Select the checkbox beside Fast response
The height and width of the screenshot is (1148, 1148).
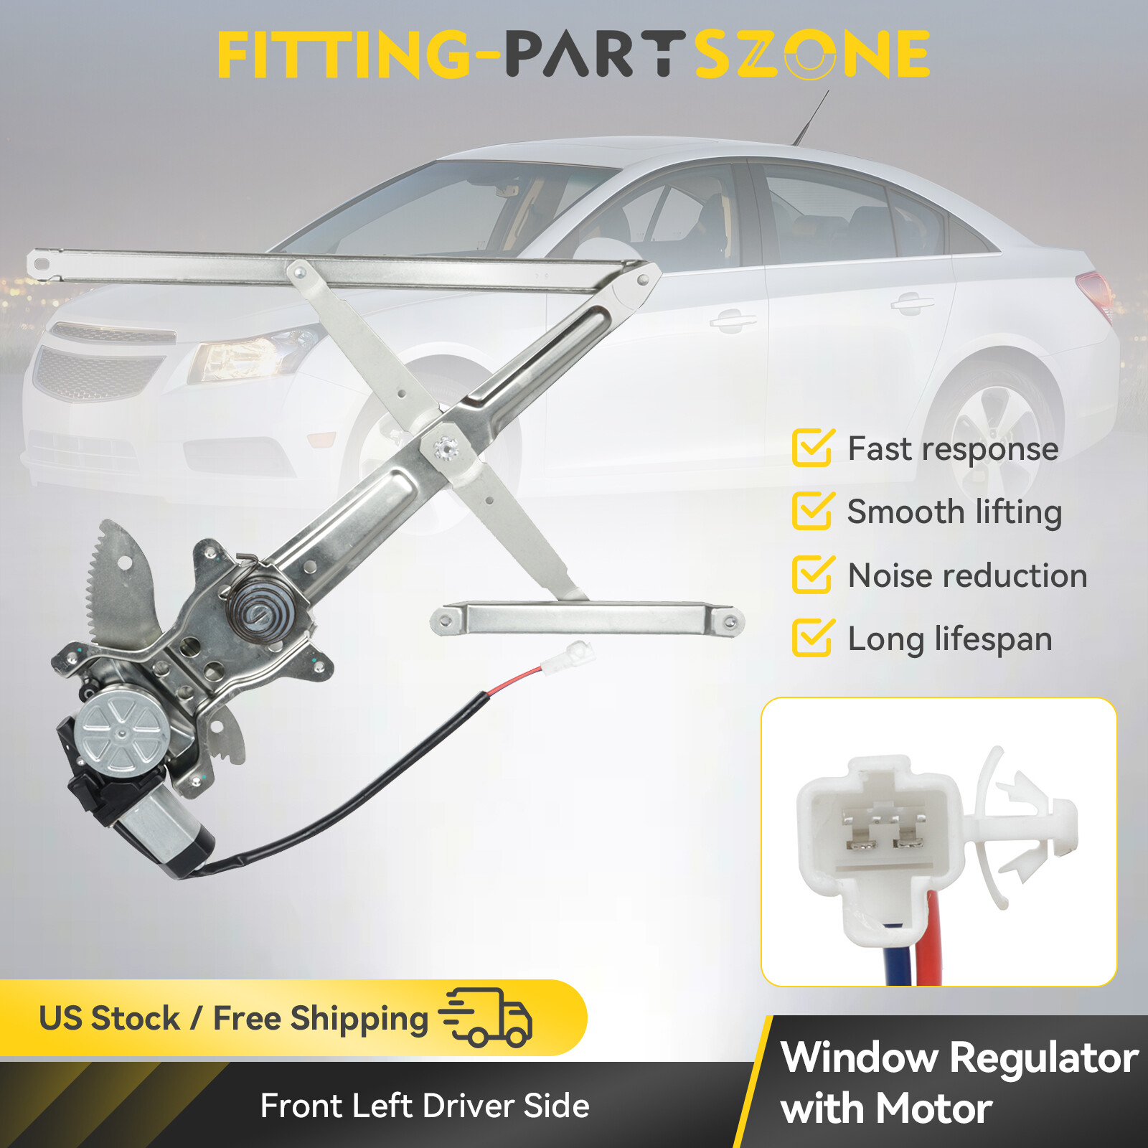(x=812, y=448)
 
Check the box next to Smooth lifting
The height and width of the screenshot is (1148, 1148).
(x=812, y=511)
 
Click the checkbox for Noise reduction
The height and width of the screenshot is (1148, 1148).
(x=812, y=575)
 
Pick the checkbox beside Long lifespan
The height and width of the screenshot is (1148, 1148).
(x=812, y=638)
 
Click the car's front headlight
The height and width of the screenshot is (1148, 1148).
(x=251, y=355)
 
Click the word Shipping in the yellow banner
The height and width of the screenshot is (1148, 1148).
(x=359, y=1018)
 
